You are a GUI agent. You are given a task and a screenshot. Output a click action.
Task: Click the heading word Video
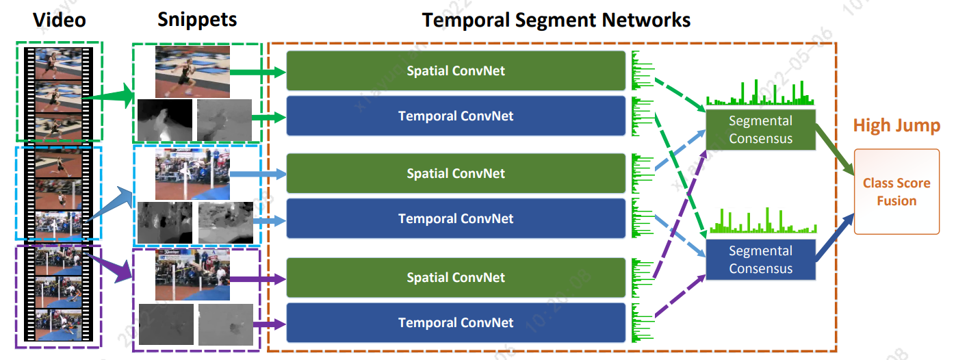[60, 20]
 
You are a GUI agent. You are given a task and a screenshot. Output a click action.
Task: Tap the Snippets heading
[197, 19]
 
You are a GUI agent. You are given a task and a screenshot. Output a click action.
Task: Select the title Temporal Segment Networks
[556, 20]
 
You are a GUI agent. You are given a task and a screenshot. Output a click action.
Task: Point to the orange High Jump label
[896, 125]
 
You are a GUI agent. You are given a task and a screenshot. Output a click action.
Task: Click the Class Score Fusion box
[896, 192]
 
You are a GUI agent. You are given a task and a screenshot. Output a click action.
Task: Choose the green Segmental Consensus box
[760, 129]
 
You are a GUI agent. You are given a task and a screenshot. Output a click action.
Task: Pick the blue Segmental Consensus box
[760, 259]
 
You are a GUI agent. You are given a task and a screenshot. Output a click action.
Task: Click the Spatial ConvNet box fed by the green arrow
[456, 70]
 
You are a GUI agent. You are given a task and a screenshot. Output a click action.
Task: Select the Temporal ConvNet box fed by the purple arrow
[456, 322]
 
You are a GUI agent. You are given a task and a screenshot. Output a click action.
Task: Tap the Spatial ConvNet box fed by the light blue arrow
[456, 173]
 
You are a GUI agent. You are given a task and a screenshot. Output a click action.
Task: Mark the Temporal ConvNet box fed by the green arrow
[456, 116]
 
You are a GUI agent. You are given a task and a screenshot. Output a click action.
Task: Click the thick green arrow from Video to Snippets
[109, 98]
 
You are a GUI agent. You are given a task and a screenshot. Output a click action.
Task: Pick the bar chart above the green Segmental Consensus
[760, 92]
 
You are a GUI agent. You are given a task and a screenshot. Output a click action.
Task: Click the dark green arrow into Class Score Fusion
[836, 151]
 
